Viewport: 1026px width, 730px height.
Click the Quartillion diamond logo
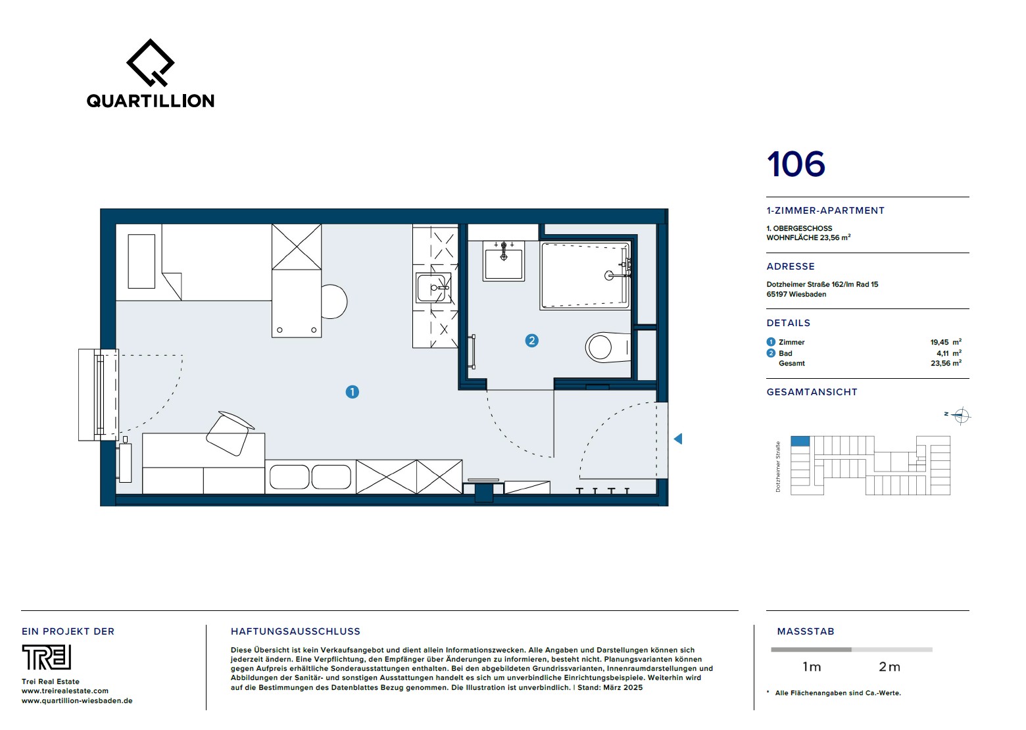click(150, 62)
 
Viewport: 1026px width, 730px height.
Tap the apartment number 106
click(796, 164)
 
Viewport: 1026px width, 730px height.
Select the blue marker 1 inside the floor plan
click(353, 392)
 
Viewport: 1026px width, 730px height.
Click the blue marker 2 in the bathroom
click(532, 341)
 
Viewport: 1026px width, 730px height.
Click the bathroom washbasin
click(503, 260)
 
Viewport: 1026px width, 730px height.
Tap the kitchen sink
click(434, 287)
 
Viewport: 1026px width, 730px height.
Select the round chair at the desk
click(333, 301)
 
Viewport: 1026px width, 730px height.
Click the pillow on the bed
click(141, 262)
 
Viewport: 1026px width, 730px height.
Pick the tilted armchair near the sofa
click(230, 433)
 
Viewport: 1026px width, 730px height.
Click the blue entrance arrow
click(678, 439)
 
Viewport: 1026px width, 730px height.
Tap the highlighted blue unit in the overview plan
click(800, 441)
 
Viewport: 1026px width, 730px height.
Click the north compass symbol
click(961, 416)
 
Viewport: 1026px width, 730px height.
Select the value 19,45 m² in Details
click(946, 342)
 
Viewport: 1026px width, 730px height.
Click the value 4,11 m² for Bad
click(949, 353)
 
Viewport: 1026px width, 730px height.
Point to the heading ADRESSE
click(791, 266)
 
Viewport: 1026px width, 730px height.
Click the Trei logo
click(46, 657)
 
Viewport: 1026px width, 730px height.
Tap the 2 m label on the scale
click(889, 667)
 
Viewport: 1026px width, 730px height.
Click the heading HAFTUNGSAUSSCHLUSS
click(295, 631)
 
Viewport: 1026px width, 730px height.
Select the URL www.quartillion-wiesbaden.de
click(77, 700)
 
